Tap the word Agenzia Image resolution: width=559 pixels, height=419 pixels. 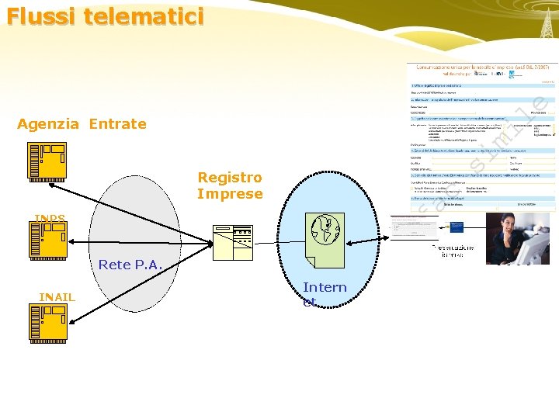click(x=47, y=124)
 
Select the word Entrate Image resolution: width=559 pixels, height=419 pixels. click(x=117, y=124)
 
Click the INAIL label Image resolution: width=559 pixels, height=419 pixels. click(x=57, y=297)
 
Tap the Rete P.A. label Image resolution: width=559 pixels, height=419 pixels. click(x=128, y=265)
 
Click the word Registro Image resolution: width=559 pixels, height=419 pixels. click(x=230, y=178)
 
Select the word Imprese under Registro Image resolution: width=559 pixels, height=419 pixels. click(x=230, y=194)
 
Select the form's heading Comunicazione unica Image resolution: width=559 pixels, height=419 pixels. click(x=466, y=68)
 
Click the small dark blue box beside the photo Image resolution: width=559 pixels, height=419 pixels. click(x=454, y=228)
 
